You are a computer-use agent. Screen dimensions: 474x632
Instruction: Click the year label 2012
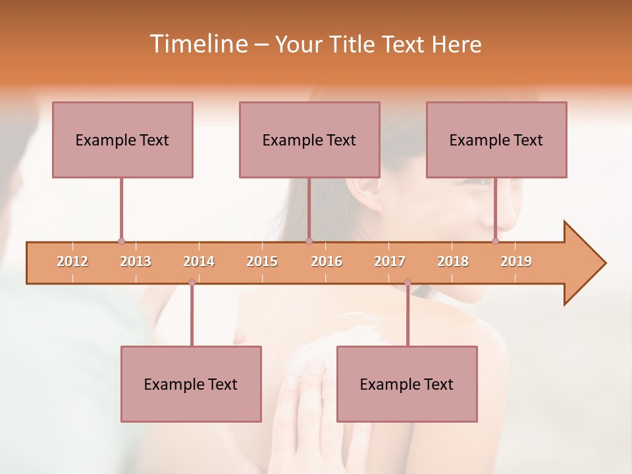(x=72, y=261)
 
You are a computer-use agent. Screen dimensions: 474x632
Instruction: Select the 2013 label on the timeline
(x=136, y=261)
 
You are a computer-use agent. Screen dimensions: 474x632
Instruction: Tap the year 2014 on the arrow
(x=199, y=261)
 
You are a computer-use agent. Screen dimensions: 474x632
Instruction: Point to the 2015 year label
(x=262, y=261)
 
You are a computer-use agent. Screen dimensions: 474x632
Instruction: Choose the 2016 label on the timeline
(x=327, y=261)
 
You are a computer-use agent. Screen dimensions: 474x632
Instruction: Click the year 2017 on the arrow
(x=390, y=261)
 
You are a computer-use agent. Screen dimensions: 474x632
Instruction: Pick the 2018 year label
(x=453, y=261)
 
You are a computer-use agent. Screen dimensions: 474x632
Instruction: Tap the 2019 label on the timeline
(x=516, y=261)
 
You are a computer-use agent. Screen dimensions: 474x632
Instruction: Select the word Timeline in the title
(x=197, y=44)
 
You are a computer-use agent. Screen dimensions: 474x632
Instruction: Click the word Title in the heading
(x=353, y=44)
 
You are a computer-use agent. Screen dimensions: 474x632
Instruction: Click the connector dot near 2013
(x=121, y=241)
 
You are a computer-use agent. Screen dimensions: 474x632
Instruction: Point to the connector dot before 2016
(x=309, y=241)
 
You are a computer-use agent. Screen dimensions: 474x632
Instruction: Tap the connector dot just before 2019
(x=495, y=241)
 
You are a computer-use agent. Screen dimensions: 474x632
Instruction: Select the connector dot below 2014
(x=192, y=283)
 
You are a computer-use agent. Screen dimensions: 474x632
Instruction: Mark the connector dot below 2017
(x=408, y=283)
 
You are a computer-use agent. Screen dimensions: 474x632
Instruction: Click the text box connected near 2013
(x=122, y=140)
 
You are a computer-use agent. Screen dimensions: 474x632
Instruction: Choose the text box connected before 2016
(x=309, y=140)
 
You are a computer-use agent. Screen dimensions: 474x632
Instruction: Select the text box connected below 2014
(x=191, y=384)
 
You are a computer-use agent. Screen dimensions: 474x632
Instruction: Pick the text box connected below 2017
(x=407, y=384)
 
